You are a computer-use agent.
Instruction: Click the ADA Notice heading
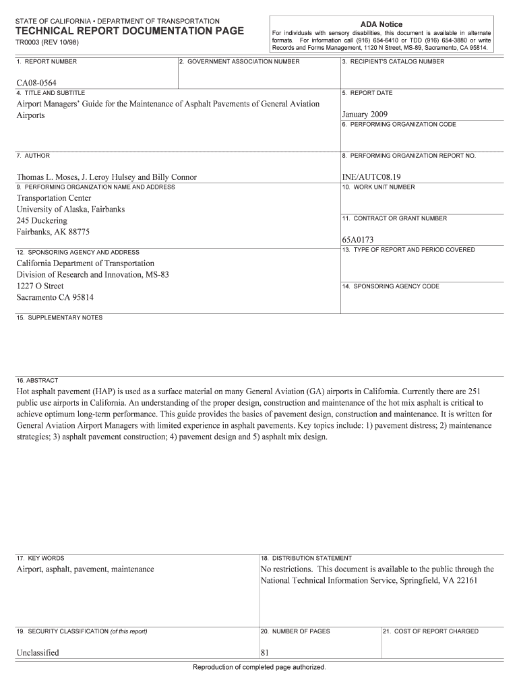tap(381, 24)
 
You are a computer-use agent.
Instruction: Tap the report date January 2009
tap(365, 115)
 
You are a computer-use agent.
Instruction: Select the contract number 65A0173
tap(358, 239)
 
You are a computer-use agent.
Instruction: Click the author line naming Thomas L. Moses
tap(106, 177)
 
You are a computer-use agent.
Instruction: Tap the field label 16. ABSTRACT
tap(38, 380)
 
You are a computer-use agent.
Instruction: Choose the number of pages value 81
tap(265, 652)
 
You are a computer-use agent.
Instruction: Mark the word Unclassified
tap(38, 652)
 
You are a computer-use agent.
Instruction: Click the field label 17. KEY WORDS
tap(40, 558)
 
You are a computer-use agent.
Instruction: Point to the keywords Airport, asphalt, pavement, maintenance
tap(85, 569)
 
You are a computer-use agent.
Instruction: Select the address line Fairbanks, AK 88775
tap(53, 232)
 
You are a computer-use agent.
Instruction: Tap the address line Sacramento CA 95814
tap(55, 296)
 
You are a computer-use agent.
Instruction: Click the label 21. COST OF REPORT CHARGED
tap(431, 631)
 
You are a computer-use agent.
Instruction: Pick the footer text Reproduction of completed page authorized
tap(259, 667)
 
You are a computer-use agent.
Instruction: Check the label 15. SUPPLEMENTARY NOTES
tap(59, 317)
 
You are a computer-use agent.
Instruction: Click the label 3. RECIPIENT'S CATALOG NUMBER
tap(393, 62)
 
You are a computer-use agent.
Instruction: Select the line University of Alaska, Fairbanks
tap(71, 210)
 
